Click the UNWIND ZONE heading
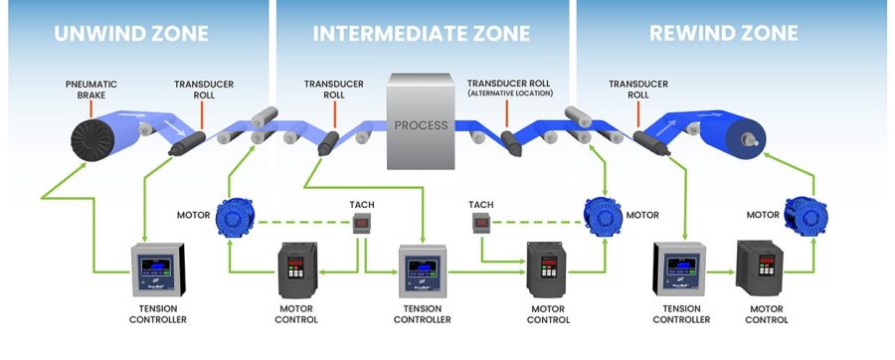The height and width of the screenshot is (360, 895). click(x=131, y=33)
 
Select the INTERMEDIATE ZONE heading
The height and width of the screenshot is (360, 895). click(x=422, y=33)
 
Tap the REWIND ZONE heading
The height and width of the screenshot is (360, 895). click(x=723, y=33)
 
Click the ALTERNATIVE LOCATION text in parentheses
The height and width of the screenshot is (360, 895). click(x=515, y=93)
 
